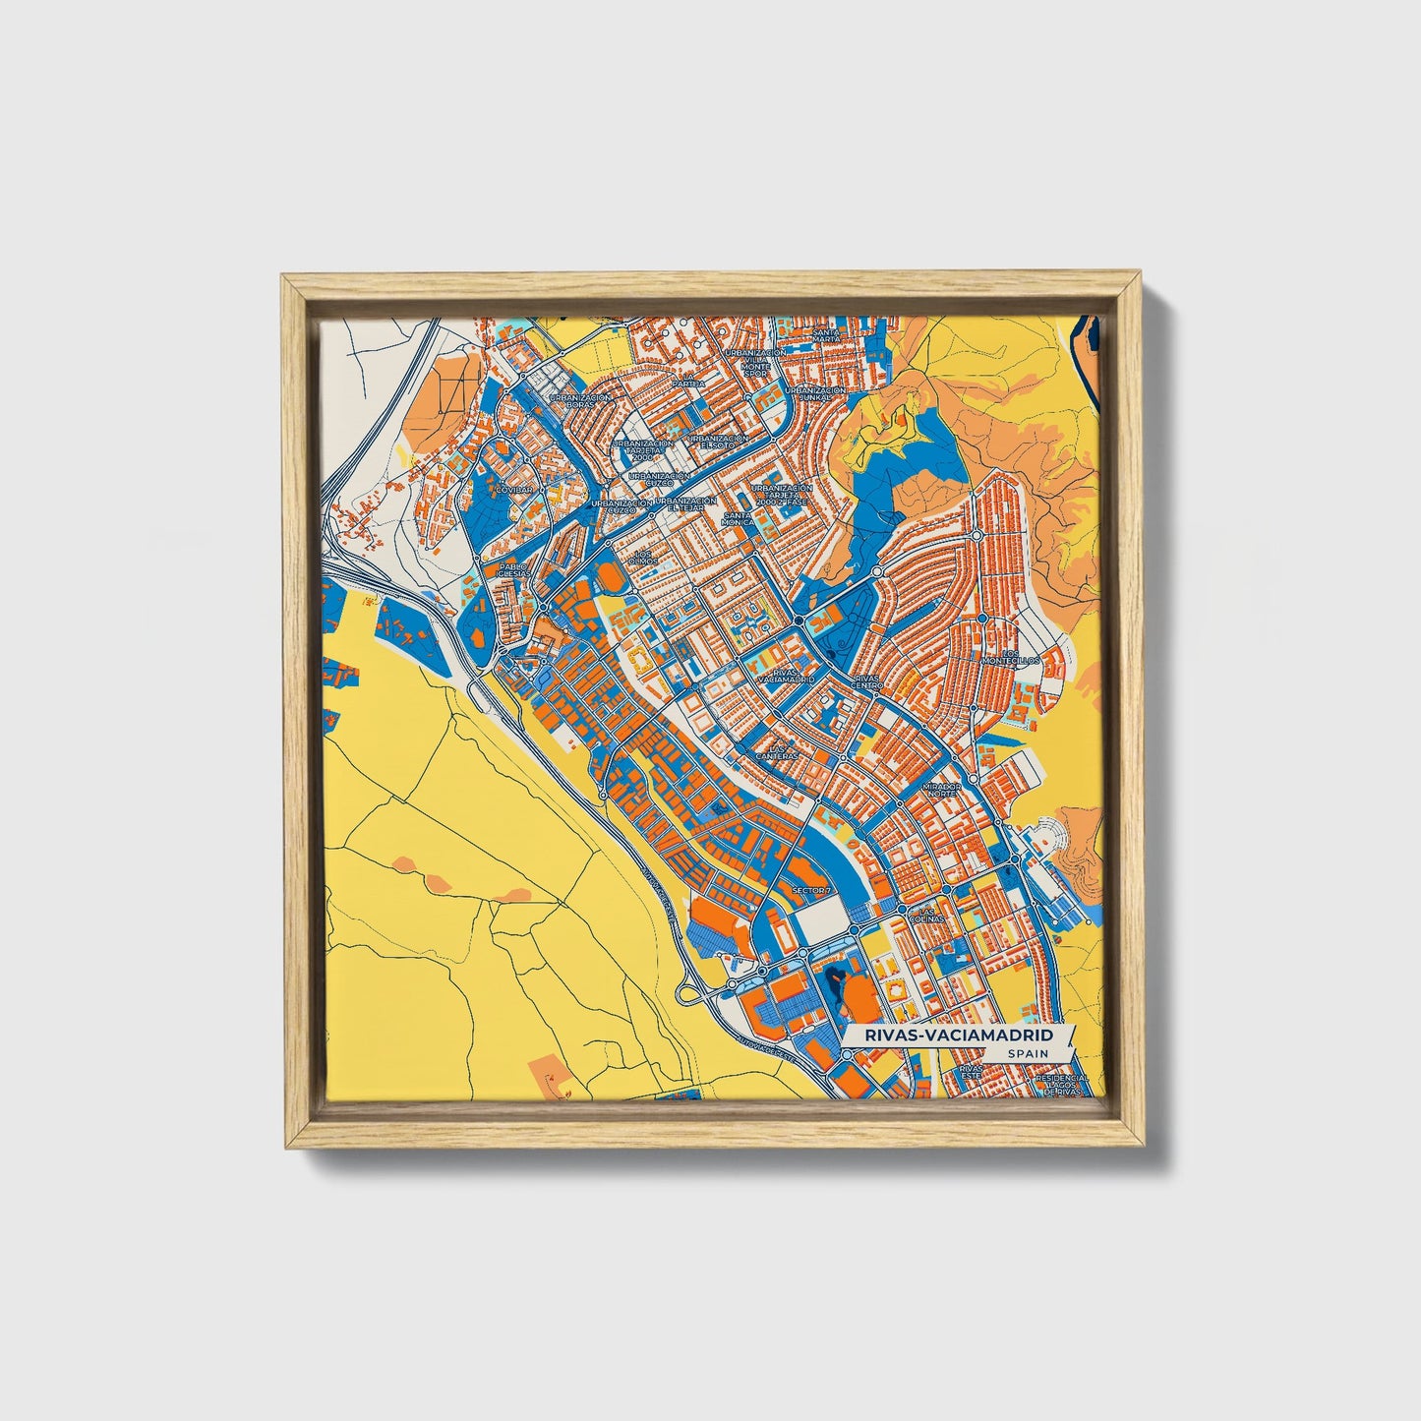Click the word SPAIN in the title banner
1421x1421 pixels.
(1027, 1053)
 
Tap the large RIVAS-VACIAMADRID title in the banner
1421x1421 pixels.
(959, 1036)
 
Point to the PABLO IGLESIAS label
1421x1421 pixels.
(512, 570)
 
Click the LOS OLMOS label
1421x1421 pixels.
(644, 557)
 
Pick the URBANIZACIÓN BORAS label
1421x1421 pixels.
(580, 401)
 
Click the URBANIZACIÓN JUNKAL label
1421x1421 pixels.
(816, 393)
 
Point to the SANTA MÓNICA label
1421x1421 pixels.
(738, 518)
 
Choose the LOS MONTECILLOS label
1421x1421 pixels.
(1021, 656)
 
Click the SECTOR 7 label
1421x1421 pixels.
(811, 890)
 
